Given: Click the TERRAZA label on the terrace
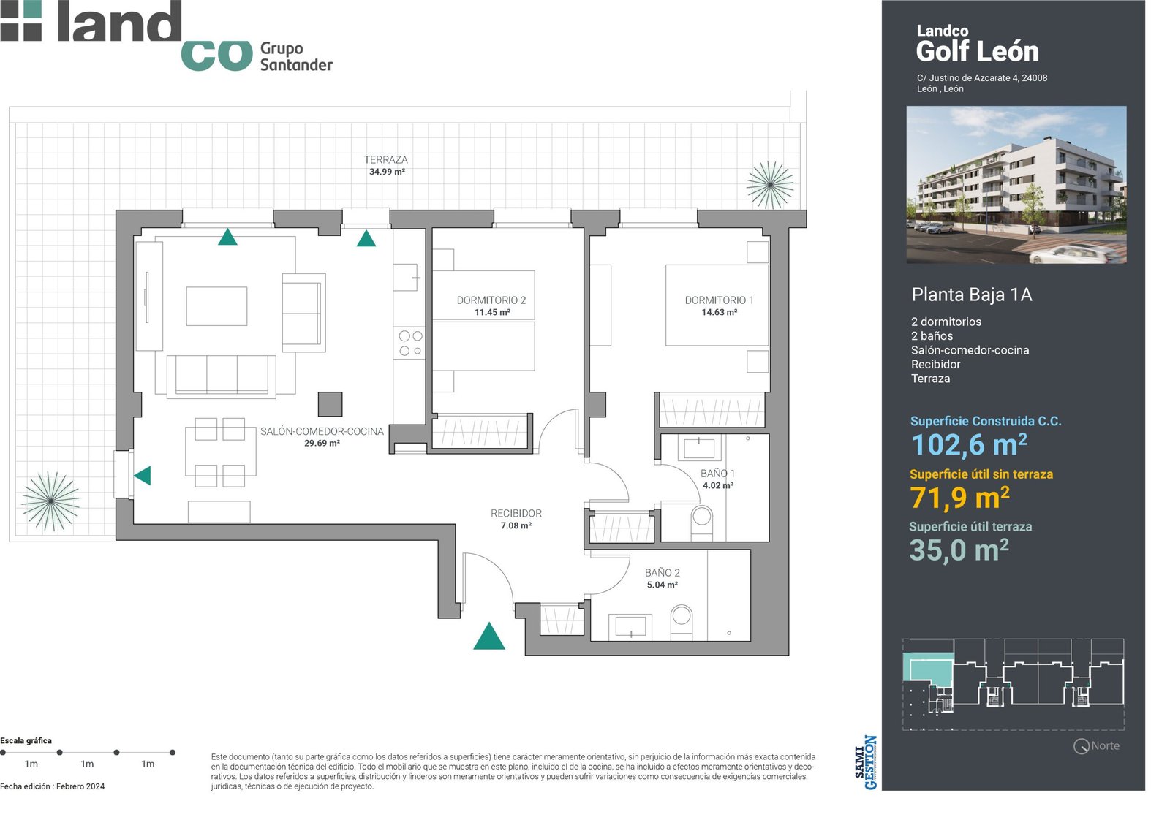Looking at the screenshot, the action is pos(386,160).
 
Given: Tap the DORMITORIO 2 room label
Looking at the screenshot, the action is pos(491,300).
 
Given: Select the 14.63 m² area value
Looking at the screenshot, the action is pos(720,312).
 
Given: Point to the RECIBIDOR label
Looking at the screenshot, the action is pos(516,514).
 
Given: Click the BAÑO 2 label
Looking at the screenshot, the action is pos(663,572).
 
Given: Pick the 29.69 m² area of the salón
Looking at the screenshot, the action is pos(322,443).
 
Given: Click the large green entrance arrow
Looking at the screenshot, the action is pos(489,636).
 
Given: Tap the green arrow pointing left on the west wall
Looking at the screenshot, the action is pos(143,476).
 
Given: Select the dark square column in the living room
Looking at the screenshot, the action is pos(330,404).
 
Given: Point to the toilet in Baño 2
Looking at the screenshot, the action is pos(681,622).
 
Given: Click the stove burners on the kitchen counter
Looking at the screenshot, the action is pos(410,343).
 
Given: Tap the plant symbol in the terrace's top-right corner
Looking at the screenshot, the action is pos(771,185).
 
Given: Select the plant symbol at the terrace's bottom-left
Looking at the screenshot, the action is pos(50,501).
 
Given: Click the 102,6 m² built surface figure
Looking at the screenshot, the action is pos(969,445).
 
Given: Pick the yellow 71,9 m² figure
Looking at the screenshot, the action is pos(959,498).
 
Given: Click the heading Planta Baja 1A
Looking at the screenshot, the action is pos(972,294).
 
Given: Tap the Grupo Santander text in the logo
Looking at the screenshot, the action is pos(296,56).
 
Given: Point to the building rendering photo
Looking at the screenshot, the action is pos(1016,185).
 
